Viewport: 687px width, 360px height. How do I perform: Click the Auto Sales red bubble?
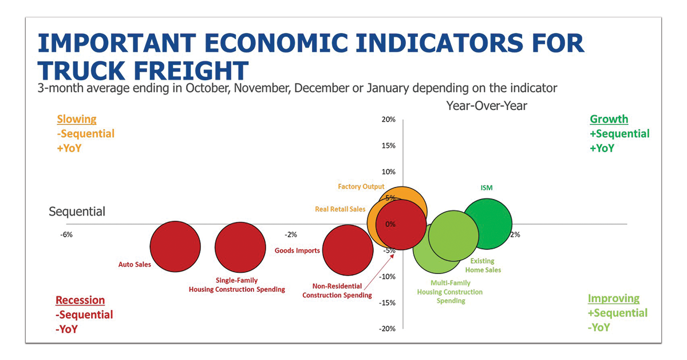point(175,246)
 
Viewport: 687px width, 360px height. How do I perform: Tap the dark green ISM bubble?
point(487,224)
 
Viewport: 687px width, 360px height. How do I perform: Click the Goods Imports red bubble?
point(348,250)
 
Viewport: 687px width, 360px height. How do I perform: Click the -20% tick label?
point(387,328)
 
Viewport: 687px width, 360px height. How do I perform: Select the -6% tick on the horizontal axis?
point(66,234)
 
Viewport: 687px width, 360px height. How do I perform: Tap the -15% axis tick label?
point(387,303)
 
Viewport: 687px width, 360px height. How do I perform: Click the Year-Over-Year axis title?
point(487,105)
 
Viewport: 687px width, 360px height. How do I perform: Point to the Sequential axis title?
point(77,212)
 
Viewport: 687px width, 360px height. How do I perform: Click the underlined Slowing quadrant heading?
point(77,119)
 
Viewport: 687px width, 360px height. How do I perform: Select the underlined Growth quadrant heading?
point(609,119)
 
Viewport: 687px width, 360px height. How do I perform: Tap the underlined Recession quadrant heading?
point(80,300)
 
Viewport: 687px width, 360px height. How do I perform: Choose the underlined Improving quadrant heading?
point(614,299)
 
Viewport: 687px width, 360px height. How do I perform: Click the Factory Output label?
point(361,187)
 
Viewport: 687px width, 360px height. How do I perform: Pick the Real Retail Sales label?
point(340,209)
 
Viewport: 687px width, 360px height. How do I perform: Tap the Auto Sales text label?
point(135,265)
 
